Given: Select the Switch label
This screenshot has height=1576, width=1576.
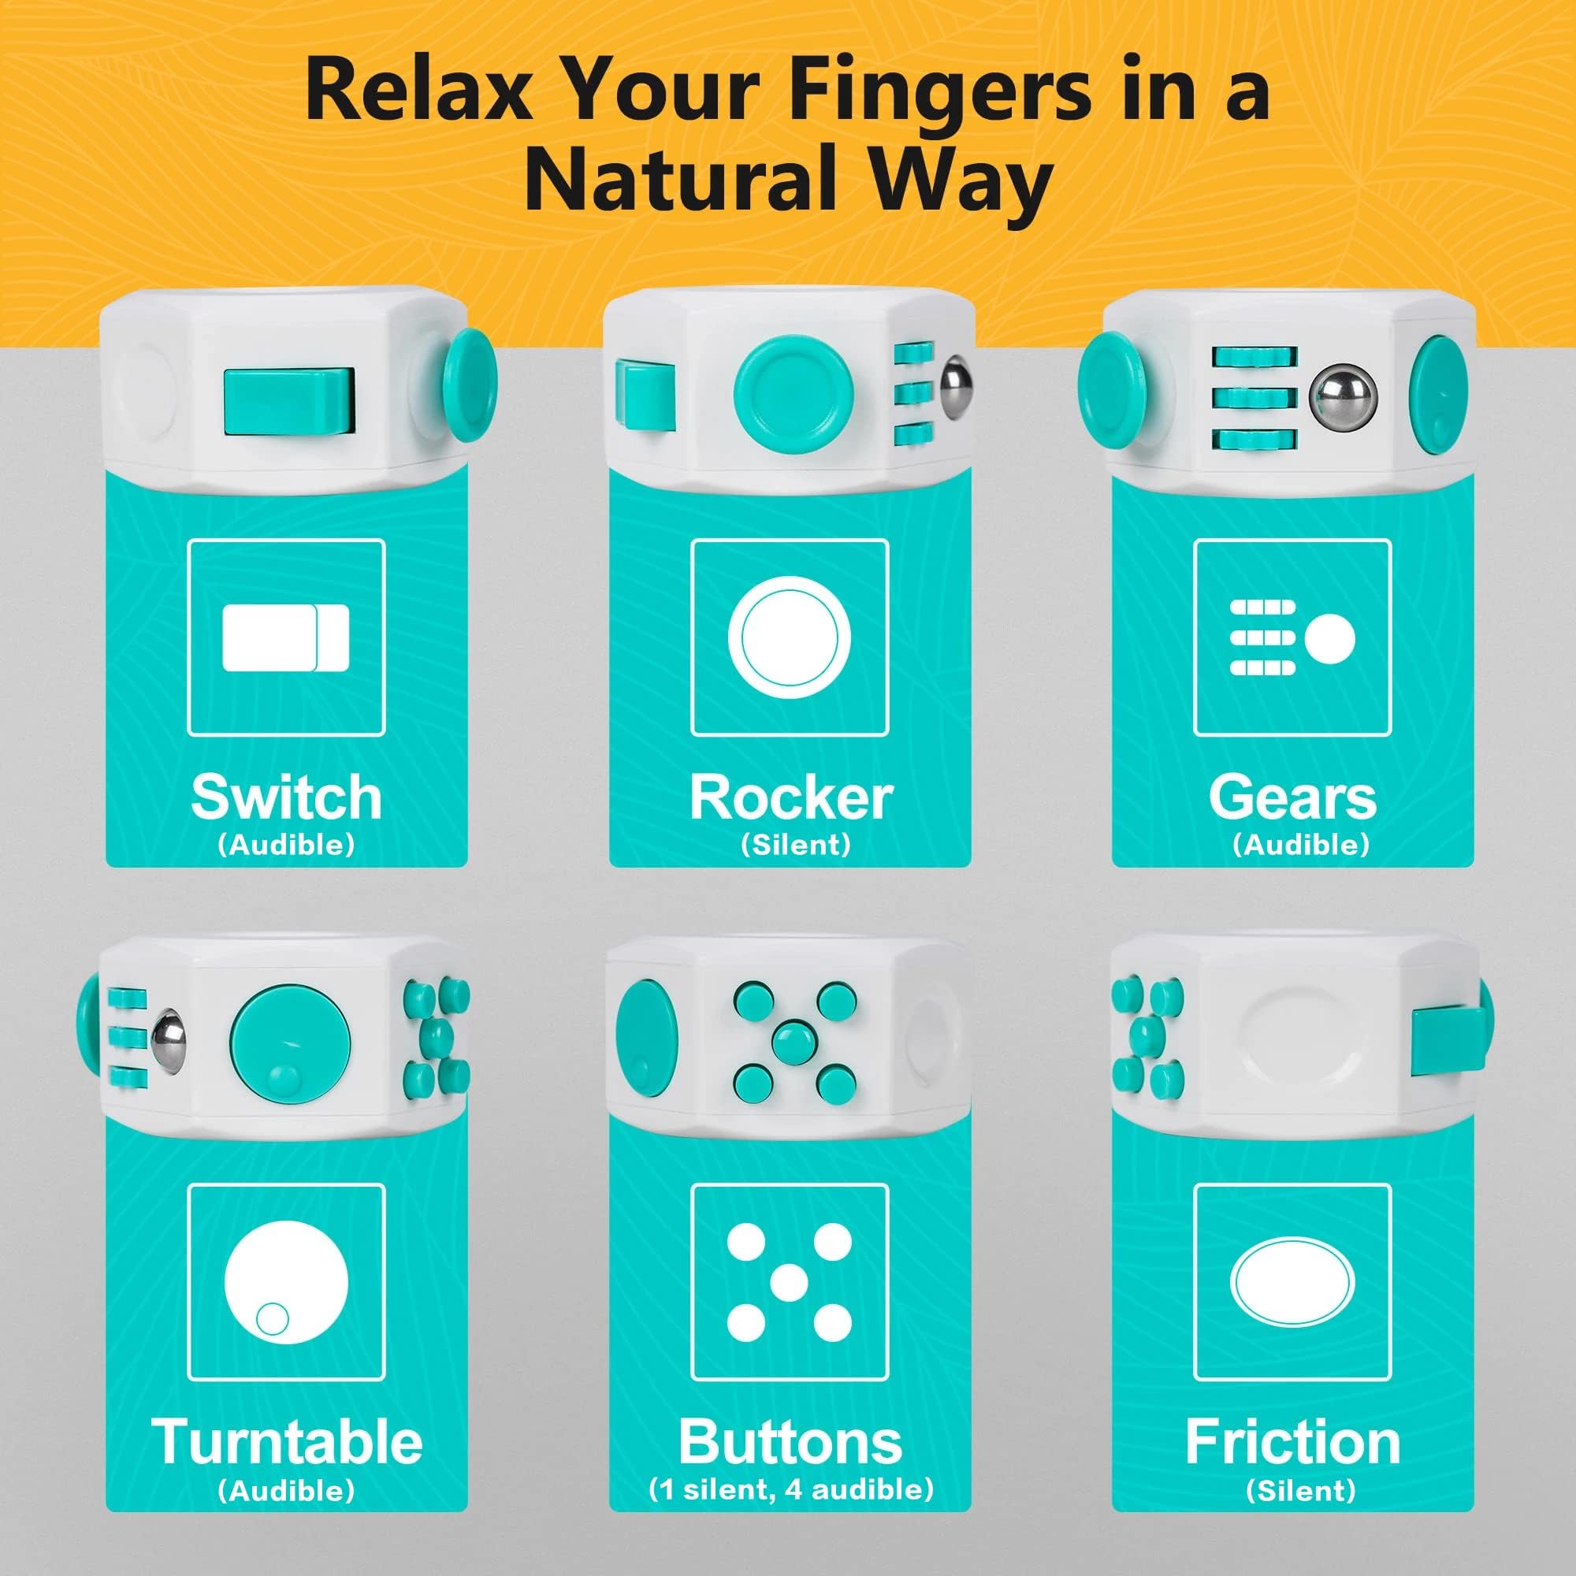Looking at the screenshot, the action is pos(286,797).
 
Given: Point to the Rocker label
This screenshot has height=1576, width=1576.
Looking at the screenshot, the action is pos(791,797).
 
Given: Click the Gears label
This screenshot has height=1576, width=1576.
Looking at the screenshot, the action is pos(1293,797).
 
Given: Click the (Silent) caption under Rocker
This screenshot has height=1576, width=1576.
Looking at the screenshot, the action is pos(795,845).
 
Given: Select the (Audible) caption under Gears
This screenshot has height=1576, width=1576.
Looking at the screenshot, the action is pos(1300,845).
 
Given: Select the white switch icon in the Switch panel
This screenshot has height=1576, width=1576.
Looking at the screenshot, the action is pos(285,638).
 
